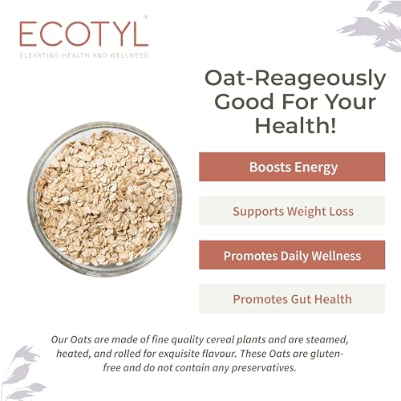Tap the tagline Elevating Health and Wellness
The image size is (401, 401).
(84, 55)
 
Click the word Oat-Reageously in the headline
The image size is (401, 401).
(295, 79)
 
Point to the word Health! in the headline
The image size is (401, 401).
(295, 125)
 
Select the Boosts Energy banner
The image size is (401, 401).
(292, 167)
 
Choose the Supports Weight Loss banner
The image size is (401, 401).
(292, 211)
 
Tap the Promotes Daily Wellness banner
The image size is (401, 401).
(292, 255)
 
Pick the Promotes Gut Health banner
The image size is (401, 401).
(292, 298)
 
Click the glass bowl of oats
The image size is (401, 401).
(105, 199)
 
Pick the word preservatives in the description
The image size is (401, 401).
(264, 368)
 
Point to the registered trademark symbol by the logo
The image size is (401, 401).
(146, 17)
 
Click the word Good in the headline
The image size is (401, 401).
(245, 102)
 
